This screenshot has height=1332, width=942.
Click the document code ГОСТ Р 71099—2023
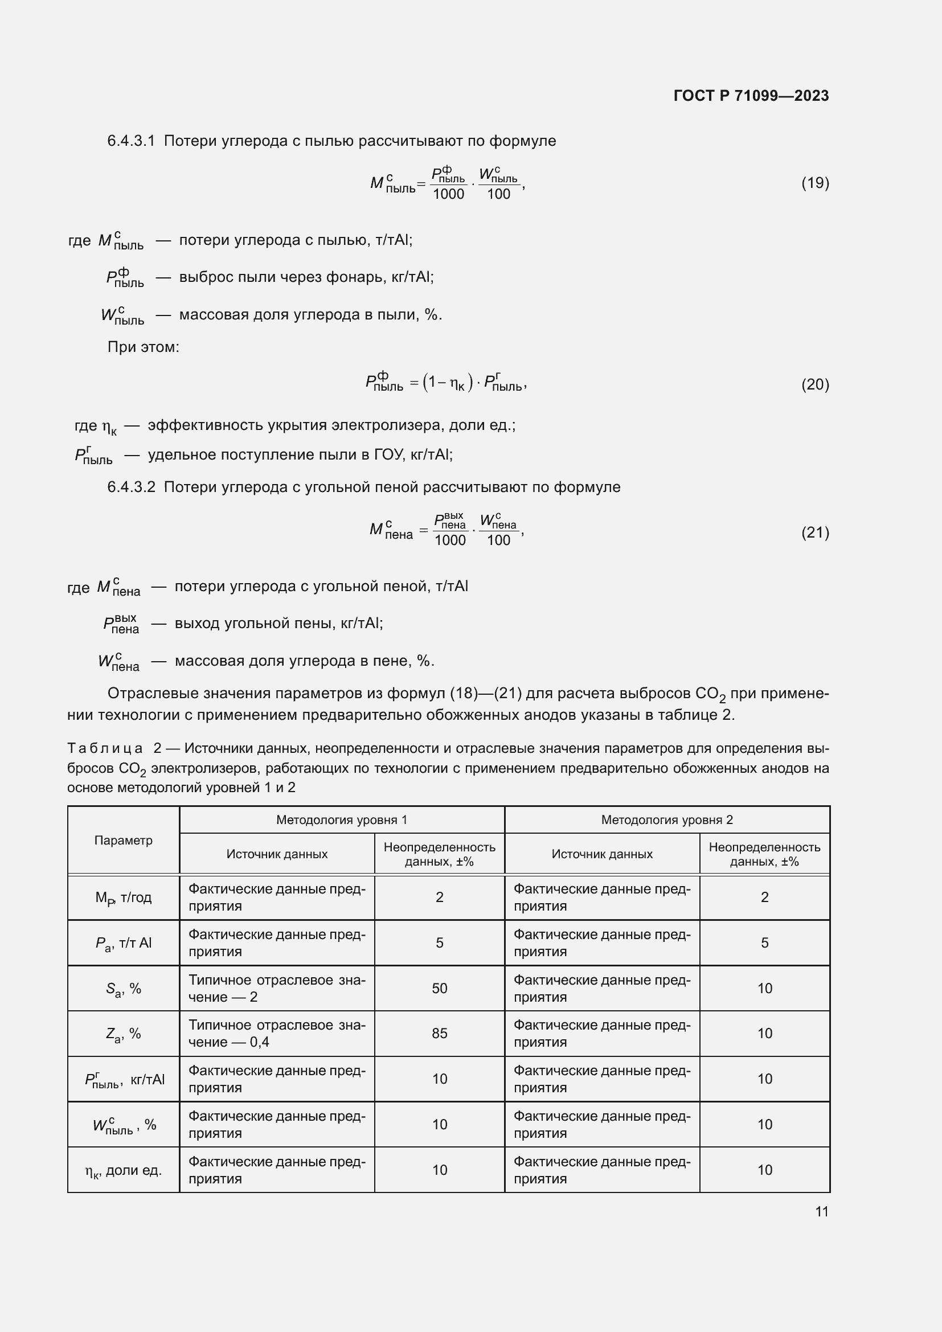tap(751, 96)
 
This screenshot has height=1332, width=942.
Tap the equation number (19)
tap(815, 183)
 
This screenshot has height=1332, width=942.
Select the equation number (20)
tap(815, 384)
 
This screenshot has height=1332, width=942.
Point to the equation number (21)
tap(815, 532)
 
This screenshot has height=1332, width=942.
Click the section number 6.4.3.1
tap(131, 141)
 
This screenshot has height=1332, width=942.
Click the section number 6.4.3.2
tap(131, 487)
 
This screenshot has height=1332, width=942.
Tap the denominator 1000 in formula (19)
tap(448, 194)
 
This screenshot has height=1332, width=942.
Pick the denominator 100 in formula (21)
tap(498, 540)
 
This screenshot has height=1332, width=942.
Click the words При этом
tap(144, 347)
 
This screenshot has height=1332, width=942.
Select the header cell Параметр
tap(123, 840)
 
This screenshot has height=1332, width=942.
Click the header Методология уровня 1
tap(342, 819)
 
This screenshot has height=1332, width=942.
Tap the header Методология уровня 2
tap(666, 819)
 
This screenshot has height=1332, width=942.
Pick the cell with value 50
tap(439, 988)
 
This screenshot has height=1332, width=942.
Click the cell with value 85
tap(439, 1033)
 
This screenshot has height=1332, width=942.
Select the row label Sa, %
tap(123, 988)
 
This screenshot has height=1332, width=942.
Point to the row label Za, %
tap(123, 1033)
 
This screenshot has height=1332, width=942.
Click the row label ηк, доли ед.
tap(123, 1170)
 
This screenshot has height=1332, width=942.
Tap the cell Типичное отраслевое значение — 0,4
tap(277, 1033)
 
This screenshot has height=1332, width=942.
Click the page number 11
tap(821, 1211)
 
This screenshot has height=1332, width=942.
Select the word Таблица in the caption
tap(104, 748)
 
